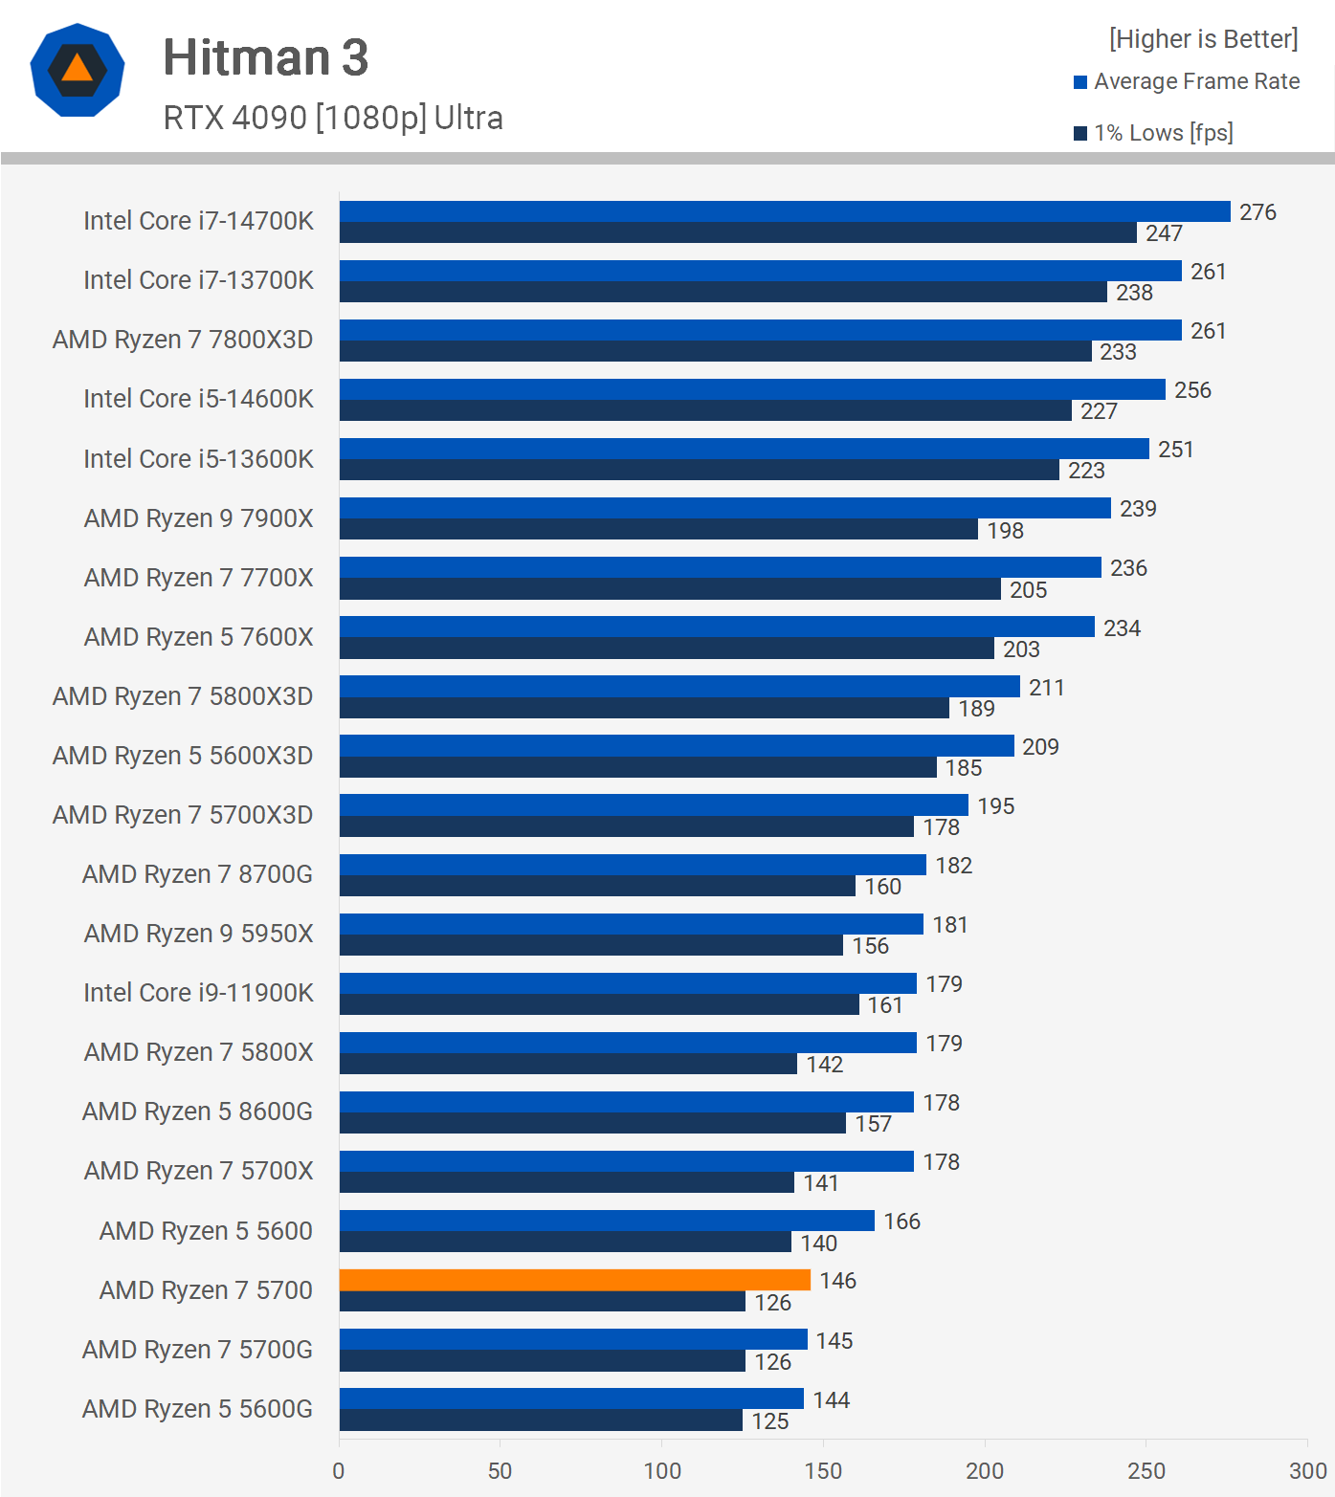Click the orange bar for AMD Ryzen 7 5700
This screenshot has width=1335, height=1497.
coord(574,1280)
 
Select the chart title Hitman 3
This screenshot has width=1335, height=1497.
coord(265,57)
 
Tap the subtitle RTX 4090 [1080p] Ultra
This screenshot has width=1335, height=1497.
coord(333,118)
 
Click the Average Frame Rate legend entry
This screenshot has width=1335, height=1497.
coord(1195,82)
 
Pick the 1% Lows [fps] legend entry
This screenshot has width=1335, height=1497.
coord(1162,133)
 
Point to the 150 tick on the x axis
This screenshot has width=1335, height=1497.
coord(823,1470)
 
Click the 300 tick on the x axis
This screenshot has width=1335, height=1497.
coord(1307,1470)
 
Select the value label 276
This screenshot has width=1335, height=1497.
coord(1257,212)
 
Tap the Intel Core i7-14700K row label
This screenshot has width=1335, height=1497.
coord(198,221)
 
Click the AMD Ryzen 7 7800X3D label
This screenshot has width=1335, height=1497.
coord(183,340)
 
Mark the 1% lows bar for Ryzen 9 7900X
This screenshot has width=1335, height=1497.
coord(658,530)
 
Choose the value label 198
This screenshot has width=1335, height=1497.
coord(1005,531)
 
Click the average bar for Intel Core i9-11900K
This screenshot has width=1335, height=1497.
coord(628,983)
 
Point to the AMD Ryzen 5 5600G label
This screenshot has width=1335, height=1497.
coord(197,1409)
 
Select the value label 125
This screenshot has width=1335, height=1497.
coord(770,1421)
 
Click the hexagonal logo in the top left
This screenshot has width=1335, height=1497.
coord(78,70)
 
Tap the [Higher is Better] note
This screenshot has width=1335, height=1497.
coord(1203,39)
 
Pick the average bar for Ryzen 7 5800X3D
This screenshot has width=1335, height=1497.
coord(679,687)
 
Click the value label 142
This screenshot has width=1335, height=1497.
coord(824,1065)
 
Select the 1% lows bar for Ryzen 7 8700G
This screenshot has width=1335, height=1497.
coord(597,887)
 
